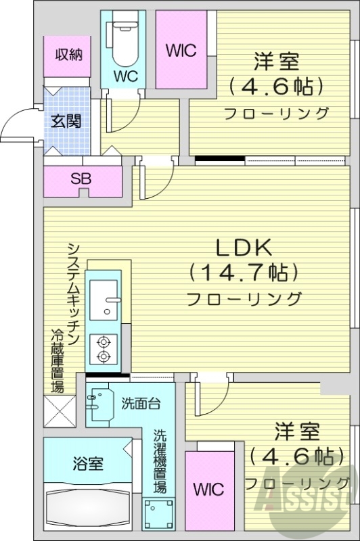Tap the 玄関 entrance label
pos(67,122)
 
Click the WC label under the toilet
pos(125,76)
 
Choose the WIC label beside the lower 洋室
pos(208,489)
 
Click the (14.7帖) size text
pos(244,273)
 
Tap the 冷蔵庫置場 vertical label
pos(58,362)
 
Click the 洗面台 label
pos(140,404)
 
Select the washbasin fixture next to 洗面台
pos(100,403)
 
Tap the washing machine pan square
pos(159,514)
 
